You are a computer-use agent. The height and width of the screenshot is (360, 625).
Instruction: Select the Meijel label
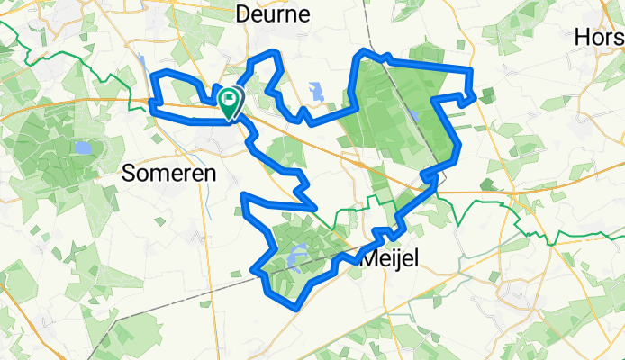[x=390, y=259]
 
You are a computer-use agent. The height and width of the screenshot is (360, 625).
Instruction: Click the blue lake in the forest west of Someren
[x=83, y=148]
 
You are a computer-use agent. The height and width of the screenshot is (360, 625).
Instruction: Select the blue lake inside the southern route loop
[x=297, y=259]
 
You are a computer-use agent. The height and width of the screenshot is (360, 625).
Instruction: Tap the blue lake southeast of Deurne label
[x=315, y=91]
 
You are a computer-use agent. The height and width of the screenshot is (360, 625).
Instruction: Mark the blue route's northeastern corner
[x=471, y=70]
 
